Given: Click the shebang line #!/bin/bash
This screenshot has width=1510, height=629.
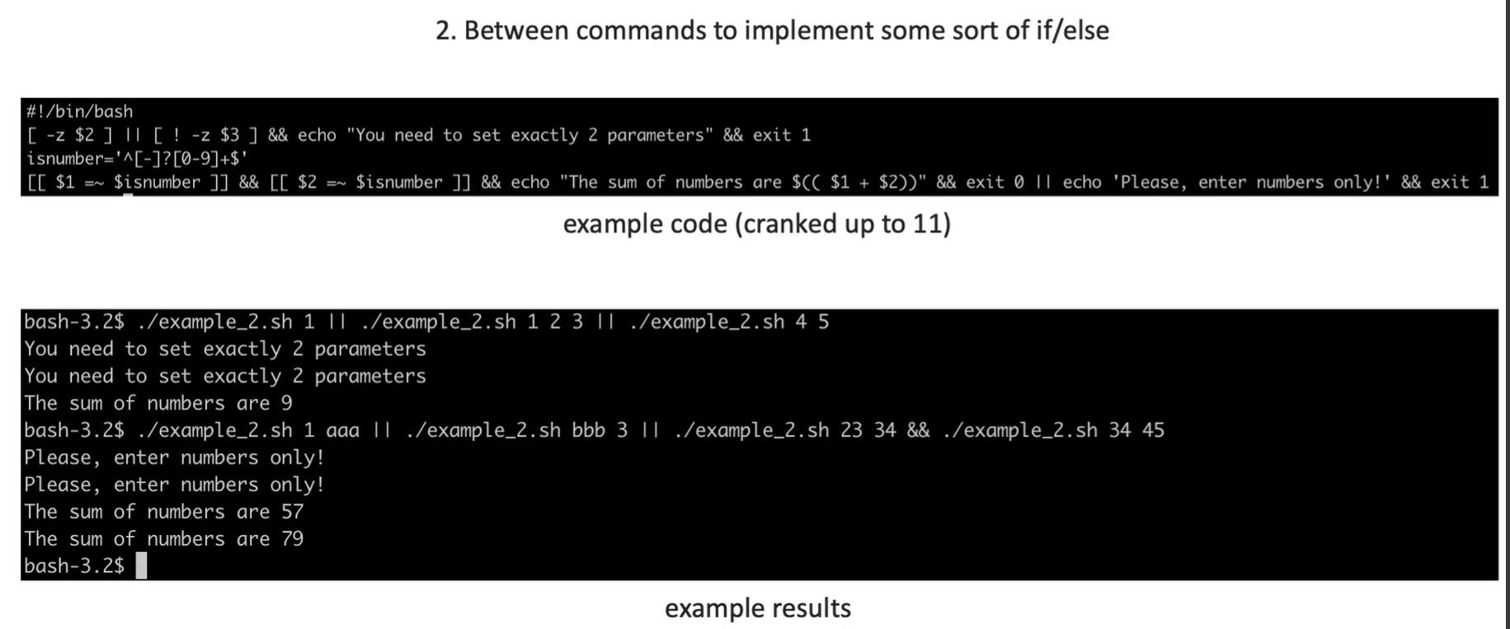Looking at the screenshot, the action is (x=79, y=111).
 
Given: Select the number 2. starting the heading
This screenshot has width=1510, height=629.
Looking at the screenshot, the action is (x=445, y=31).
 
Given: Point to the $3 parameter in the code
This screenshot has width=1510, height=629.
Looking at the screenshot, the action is (x=229, y=135).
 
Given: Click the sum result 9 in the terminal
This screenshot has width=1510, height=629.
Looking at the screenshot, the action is (x=286, y=403).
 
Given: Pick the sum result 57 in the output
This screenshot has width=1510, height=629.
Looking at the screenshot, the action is (x=292, y=512).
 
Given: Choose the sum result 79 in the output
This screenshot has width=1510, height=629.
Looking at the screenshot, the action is (x=292, y=539).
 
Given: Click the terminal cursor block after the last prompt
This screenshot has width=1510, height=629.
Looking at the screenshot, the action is (x=141, y=566).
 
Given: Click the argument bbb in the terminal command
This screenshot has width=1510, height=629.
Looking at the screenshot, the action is (x=588, y=430).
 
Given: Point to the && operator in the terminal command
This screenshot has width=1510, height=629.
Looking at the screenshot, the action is (x=918, y=430).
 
